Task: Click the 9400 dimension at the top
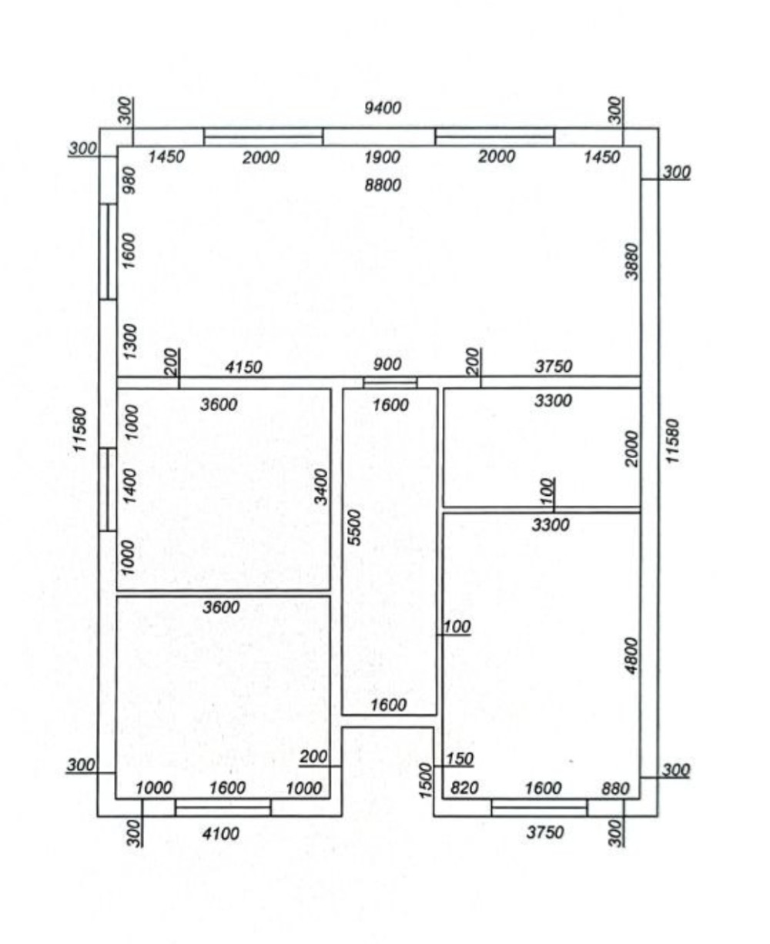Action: pos(383,108)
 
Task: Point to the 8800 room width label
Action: pos(383,185)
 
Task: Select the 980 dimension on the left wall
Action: pos(130,180)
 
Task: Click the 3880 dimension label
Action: pos(631,261)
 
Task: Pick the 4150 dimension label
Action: pos(243,367)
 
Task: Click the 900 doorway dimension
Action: pos(387,364)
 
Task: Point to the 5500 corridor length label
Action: pos(354,527)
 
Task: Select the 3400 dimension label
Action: pos(321,487)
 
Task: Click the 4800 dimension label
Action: pos(631,655)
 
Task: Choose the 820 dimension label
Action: pos(464,788)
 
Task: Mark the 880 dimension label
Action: pos(615,788)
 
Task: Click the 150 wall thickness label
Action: pos(460,758)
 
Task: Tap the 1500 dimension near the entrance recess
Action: pos(426,780)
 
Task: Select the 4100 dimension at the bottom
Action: pos(220,833)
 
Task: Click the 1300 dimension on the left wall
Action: pos(130,342)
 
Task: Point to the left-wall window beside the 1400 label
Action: pos(108,490)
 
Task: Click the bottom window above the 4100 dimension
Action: pos(223,808)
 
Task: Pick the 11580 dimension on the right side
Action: pos(673,441)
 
